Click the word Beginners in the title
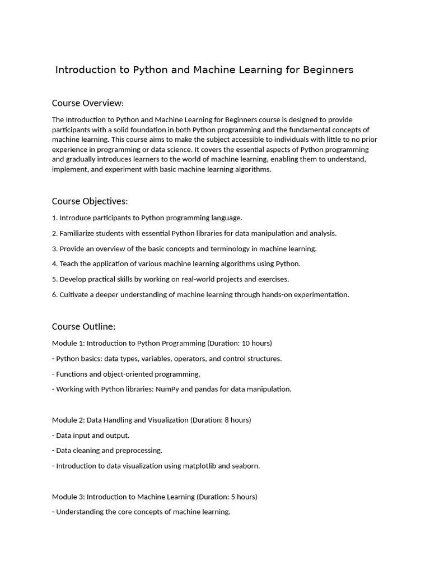click(x=328, y=70)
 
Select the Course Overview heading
click(x=87, y=103)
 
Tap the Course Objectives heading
click(x=90, y=201)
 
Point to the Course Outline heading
click(x=83, y=327)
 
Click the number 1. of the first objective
click(x=55, y=218)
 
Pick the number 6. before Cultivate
click(x=55, y=295)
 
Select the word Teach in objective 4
click(x=69, y=264)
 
